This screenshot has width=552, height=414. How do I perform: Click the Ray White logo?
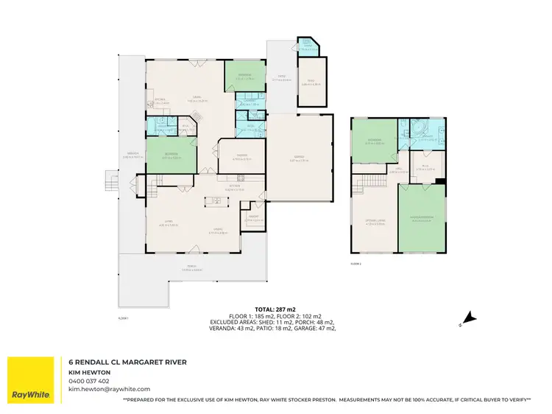(x=31, y=381)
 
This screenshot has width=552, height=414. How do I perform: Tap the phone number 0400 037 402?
(x=88, y=381)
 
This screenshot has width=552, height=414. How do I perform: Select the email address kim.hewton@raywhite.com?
(x=109, y=389)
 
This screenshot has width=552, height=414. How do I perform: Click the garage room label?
(x=300, y=160)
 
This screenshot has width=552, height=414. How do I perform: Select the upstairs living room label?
(x=375, y=223)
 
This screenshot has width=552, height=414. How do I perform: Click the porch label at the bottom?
(x=191, y=269)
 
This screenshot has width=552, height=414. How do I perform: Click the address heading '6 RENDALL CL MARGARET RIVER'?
(x=127, y=362)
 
